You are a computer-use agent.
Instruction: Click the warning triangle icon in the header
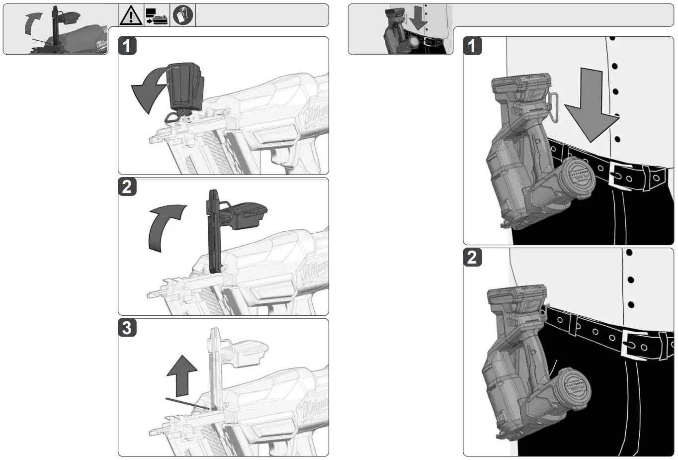click(131, 15)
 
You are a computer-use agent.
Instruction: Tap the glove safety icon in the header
click(182, 15)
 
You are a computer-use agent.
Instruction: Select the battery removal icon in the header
click(157, 16)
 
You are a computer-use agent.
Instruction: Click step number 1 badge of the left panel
click(127, 46)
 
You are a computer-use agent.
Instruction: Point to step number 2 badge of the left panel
click(127, 187)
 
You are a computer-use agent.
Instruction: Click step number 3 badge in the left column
click(127, 328)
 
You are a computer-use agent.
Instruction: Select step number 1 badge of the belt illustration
click(472, 46)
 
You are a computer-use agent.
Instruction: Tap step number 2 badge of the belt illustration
click(472, 257)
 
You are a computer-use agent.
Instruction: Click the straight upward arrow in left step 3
click(182, 375)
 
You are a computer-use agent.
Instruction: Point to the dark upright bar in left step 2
click(214, 231)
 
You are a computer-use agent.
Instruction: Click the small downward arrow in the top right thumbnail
click(418, 18)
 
